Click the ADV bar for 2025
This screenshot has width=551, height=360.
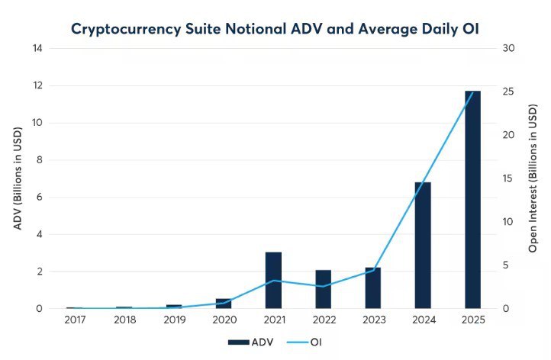pos(472,200)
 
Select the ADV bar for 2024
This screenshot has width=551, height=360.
pos(423,246)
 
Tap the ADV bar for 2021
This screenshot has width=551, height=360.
pos(273,280)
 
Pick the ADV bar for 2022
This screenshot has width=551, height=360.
pos(323,289)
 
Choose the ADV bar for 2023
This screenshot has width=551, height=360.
pos(372,288)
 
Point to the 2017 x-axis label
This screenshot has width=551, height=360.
pos(74,320)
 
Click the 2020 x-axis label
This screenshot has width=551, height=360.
pos(224,320)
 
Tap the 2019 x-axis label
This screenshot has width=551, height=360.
pos(174,320)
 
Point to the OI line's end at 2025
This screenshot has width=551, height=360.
pos(472,92)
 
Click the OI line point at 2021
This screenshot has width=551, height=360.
pos(273,281)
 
